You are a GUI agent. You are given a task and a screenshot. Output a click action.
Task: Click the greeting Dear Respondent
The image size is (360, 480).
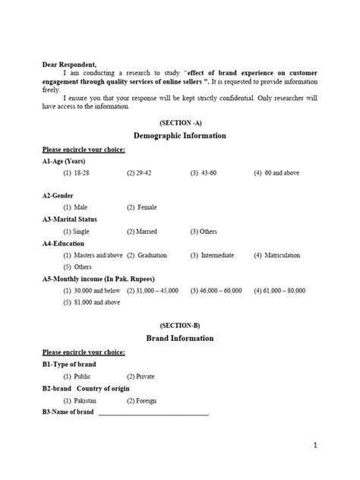click(x=69, y=65)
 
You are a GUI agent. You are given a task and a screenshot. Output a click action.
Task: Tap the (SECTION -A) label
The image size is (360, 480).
click(x=180, y=122)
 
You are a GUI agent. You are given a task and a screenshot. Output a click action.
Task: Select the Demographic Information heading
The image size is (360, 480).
click(x=180, y=135)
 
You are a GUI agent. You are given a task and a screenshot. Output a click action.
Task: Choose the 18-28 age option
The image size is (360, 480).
click(x=76, y=173)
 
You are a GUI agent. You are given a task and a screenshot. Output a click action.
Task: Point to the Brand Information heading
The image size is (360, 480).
click(x=180, y=338)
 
